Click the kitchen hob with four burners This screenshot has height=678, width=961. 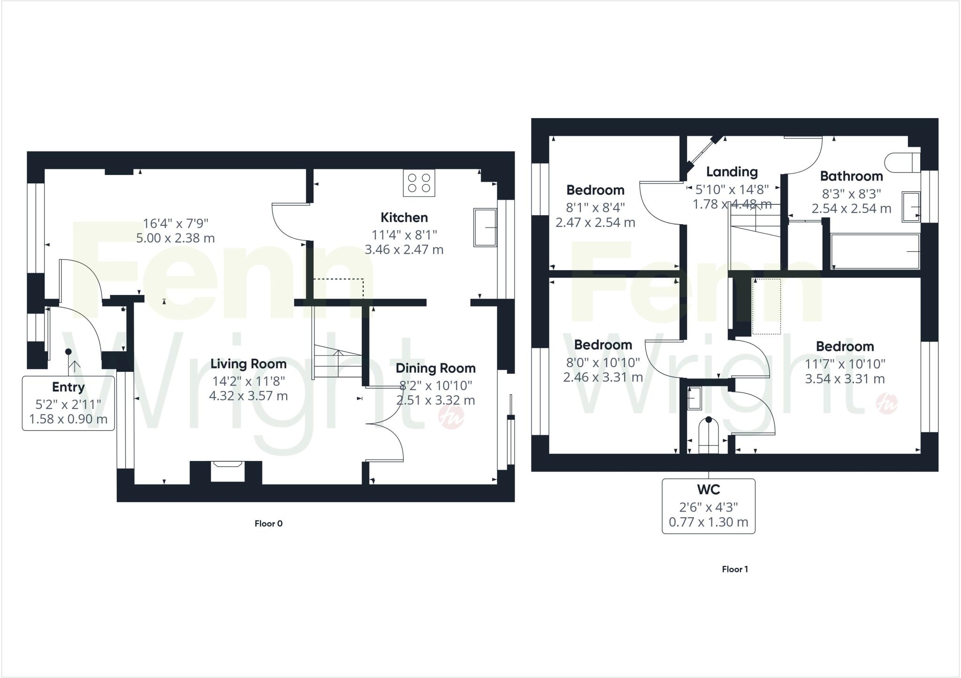point(419,183)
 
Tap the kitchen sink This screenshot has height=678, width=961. point(485,227)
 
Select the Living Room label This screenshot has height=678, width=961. point(248,364)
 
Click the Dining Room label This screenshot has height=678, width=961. point(435,368)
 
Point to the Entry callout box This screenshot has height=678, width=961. point(69,403)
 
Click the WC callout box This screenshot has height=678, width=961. point(708,506)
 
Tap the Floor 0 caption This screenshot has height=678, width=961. point(268,523)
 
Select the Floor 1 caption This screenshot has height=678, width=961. point(735,569)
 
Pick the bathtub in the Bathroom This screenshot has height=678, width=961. point(875,252)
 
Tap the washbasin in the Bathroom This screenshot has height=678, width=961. point(910,206)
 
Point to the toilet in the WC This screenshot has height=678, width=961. point(709,436)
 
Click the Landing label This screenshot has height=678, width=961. point(732,172)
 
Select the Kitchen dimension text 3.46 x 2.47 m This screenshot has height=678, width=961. point(404,249)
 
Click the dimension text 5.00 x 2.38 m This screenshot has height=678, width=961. point(175,238)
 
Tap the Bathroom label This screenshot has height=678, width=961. point(851,176)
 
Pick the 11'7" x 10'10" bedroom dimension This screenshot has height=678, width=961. point(845,364)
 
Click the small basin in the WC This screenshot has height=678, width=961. point(694,398)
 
